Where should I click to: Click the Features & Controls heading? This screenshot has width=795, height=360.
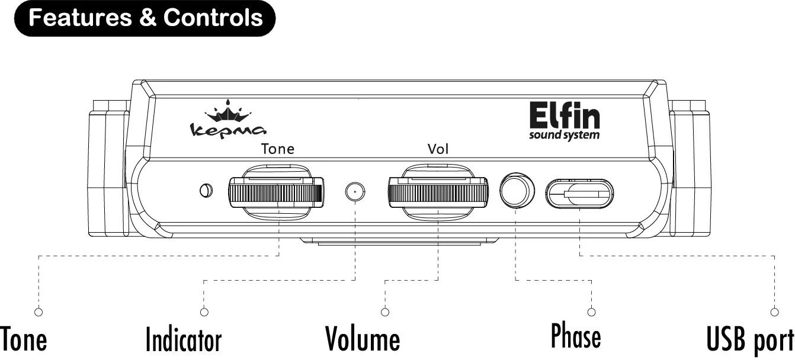(145, 18)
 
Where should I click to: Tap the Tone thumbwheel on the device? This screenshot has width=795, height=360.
(276, 193)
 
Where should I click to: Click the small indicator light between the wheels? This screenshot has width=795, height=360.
(354, 191)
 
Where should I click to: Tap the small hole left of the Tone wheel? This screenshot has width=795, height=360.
(205, 190)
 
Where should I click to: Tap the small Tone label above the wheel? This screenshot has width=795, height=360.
(278, 149)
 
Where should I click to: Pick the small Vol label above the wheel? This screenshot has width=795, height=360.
(438, 149)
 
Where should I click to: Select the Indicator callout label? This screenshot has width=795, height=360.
(184, 340)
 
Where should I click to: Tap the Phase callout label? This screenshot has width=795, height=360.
(576, 336)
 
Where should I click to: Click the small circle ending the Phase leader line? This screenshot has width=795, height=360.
(591, 312)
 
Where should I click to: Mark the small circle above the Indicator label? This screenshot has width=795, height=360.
(204, 312)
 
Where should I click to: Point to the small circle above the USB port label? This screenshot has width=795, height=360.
(774, 312)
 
